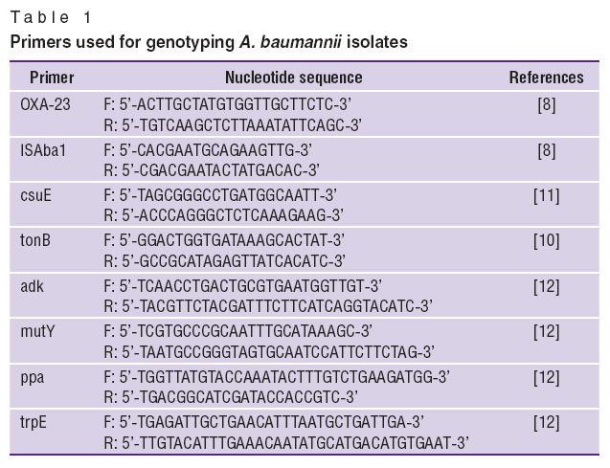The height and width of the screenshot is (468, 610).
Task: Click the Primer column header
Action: click(52, 78)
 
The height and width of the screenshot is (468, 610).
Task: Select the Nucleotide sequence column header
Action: click(294, 78)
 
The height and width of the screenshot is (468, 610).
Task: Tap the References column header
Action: click(546, 78)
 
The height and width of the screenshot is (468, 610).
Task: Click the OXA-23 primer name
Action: click(45, 104)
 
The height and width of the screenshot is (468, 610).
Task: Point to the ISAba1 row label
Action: click(43, 150)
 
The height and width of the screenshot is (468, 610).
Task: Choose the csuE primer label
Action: click(35, 195)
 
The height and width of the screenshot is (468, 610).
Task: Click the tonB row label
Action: click(35, 240)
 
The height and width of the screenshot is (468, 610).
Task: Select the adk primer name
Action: click(32, 286)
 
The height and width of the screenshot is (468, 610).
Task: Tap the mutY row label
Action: click(37, 331)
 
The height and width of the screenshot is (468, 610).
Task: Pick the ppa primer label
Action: click(32, 378)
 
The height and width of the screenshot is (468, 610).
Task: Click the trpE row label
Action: click(34, 423)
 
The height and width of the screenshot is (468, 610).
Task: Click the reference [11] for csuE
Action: click(546, 195)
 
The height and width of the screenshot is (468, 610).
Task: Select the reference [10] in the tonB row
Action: click(546, 240)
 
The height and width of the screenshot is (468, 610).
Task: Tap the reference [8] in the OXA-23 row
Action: click(546, 104)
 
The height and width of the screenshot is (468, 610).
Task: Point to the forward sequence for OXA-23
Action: click(228, 104)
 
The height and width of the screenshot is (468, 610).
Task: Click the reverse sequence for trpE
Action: click(286, 443)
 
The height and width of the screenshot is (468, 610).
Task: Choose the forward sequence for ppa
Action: click(277, 377)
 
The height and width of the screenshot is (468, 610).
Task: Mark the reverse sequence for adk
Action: click(268, 306)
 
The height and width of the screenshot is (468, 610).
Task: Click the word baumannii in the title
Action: click(301, 42)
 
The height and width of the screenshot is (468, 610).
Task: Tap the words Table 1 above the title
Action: click(51, 17)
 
